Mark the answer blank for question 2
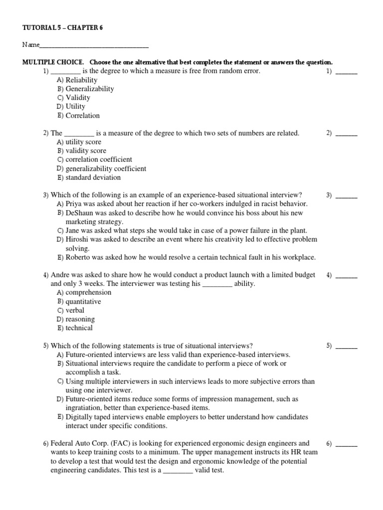(346, 133)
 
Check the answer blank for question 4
(346, 275)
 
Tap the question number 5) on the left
(46, 346)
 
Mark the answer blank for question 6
(346, 443)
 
